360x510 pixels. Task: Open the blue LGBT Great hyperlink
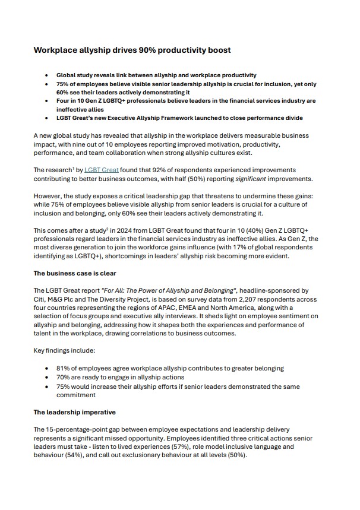point(102,170)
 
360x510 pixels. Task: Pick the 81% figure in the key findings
point(64,368)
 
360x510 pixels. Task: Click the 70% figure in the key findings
point(64,377)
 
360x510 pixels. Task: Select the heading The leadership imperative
point(74,412)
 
